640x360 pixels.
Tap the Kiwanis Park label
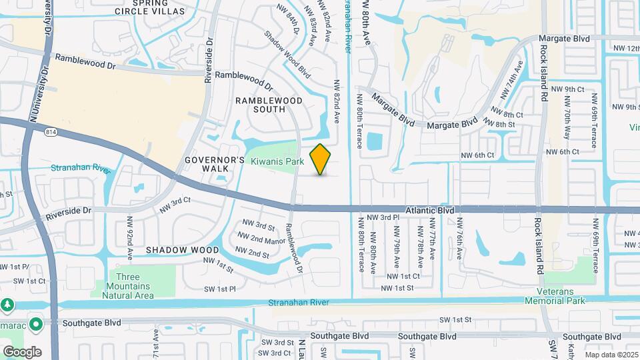click(x=277, y=161)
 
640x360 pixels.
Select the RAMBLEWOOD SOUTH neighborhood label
click(x=269, y=105)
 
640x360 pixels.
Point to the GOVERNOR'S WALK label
click(x=215, y=164)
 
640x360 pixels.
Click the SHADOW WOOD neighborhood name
click(x=173, y=249)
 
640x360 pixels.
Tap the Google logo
click(x=22, y=351)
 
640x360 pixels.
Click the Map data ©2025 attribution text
click(x=611, y=355)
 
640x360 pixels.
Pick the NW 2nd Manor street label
click(x=264, y=239)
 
